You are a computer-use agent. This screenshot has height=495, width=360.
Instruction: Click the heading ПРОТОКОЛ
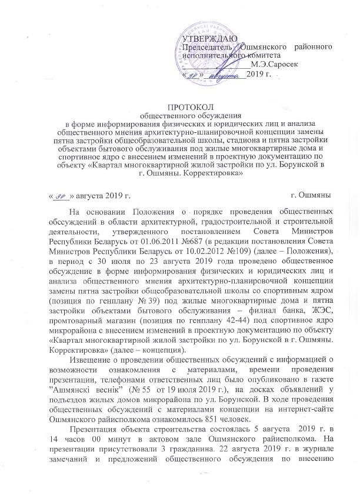[x=186, y=106]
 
